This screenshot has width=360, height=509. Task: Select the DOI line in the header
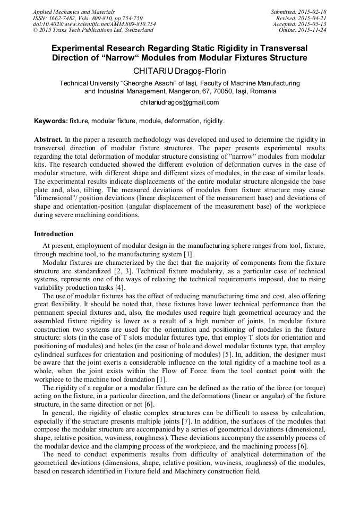[x=95, y=24]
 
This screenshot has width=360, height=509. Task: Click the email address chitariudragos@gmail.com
[x=179, y=102]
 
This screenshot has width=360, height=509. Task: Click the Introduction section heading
[x=54, y=234]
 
